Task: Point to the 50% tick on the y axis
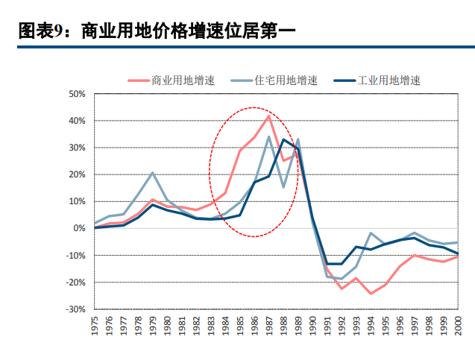(x=77, y=94)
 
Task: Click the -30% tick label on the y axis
(x=76, y=309)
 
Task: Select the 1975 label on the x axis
(x=95, y=326)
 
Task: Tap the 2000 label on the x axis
(x=458, y=326)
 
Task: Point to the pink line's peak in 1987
(x=269, y=116)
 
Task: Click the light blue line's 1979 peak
(x=153, y=173)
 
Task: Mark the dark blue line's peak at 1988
(x=283, y=140)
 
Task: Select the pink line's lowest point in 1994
(x=371, y=293)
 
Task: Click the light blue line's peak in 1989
(x=298, y=139)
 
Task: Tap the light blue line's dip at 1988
(x=283, y=187)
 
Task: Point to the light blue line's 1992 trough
(x=342, y=279)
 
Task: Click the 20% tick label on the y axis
(x=77, y=174)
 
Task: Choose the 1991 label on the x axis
(x=327, y=326)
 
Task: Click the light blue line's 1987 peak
(x=269, y=136)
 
